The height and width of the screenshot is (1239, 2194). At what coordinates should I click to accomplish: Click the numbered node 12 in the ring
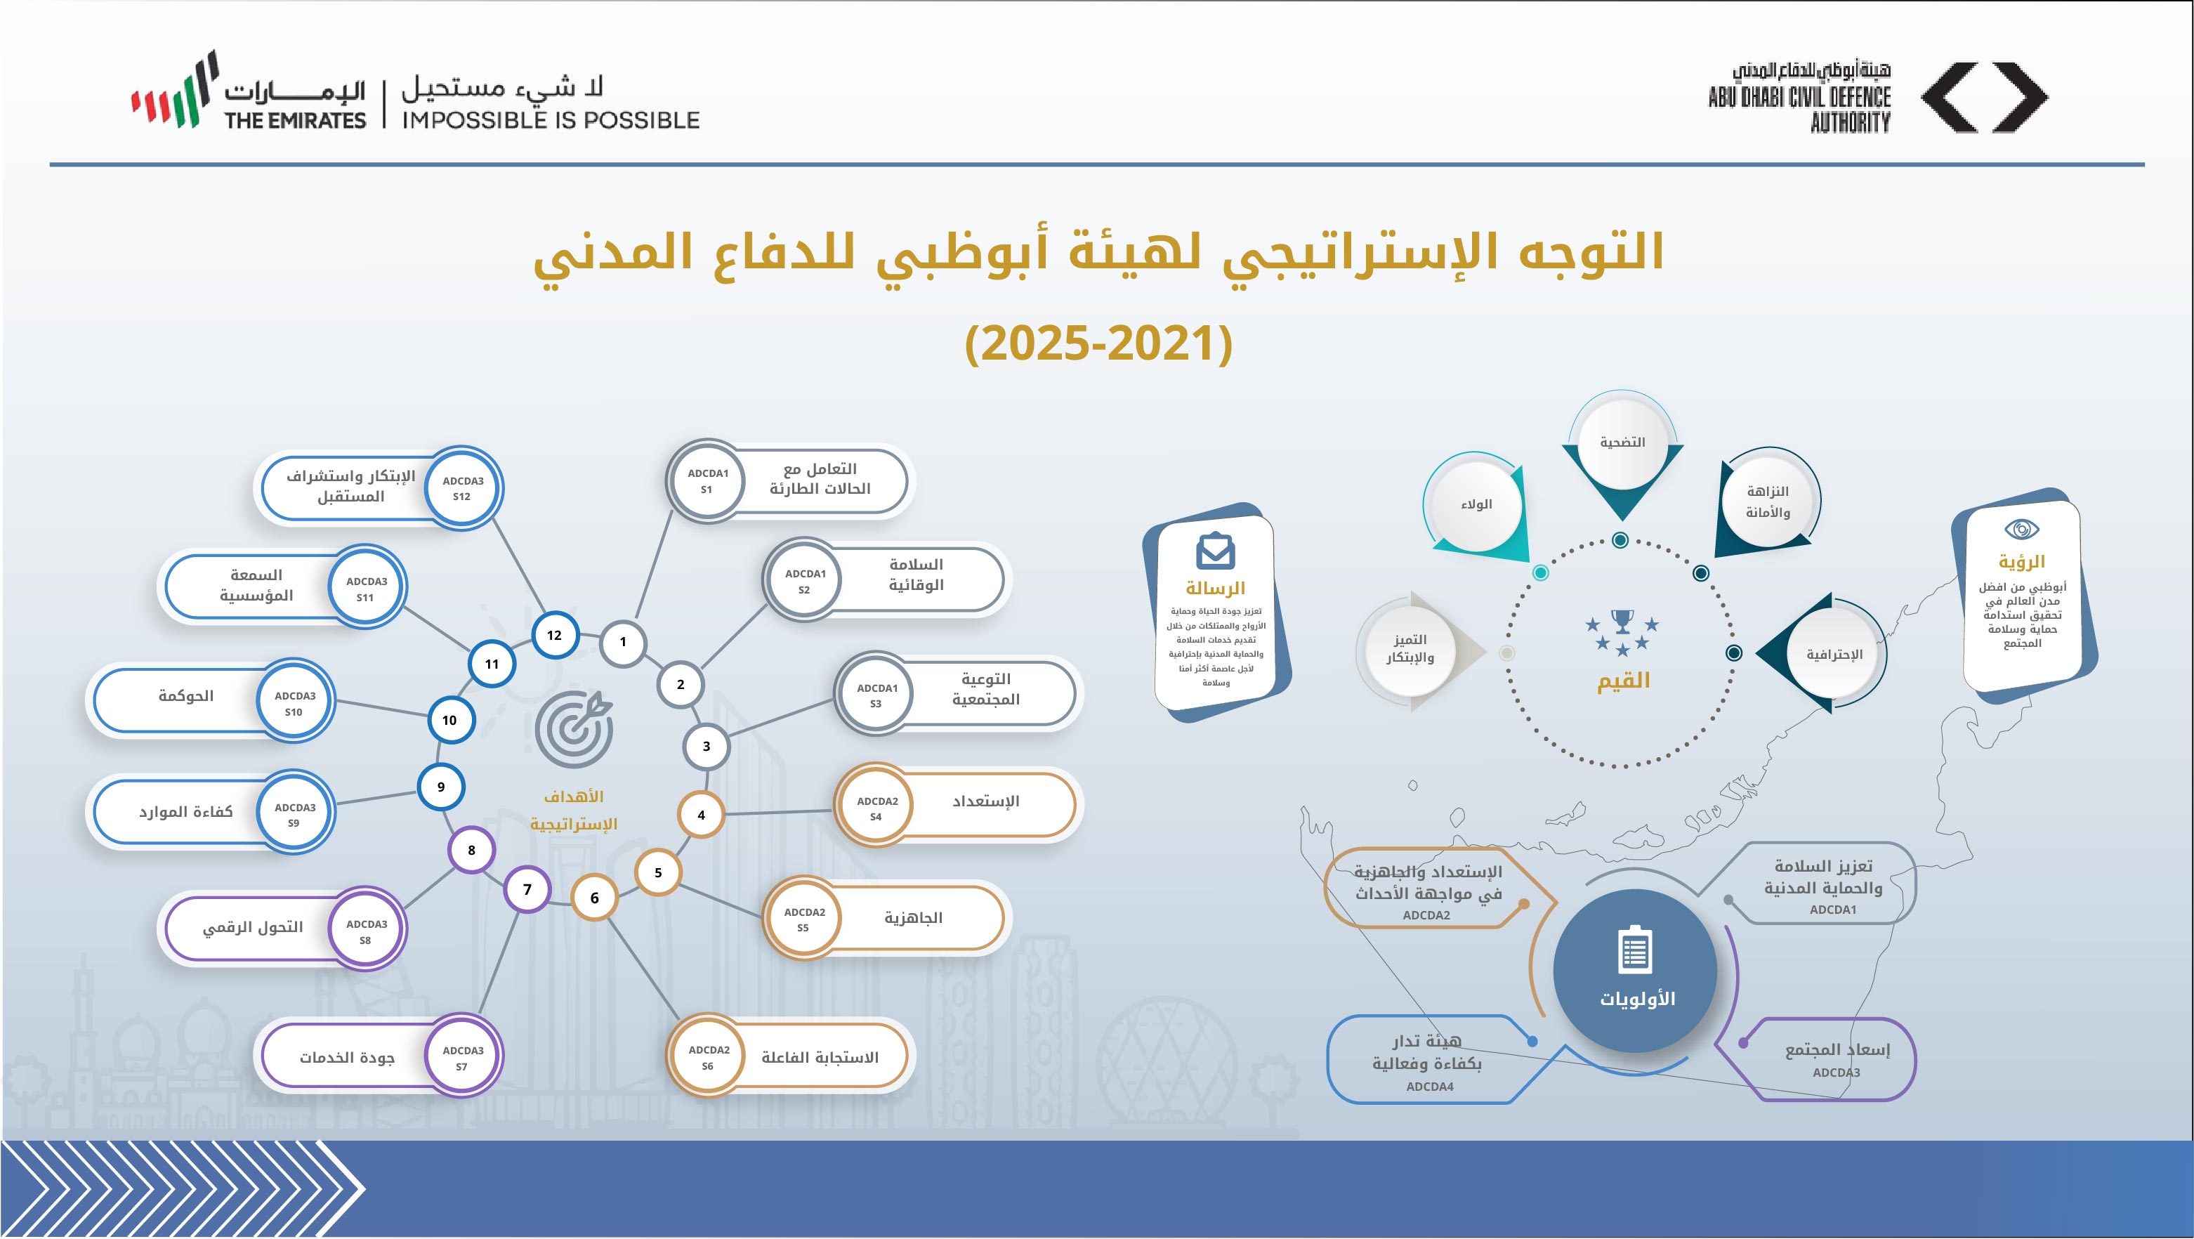tap(554, 635)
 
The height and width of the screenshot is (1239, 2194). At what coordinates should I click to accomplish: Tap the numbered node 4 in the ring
tap(701, 815)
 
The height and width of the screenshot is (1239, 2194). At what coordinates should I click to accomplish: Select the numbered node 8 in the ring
tap(472, 850)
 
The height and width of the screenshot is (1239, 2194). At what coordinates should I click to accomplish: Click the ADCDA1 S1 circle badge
tap(707, 481)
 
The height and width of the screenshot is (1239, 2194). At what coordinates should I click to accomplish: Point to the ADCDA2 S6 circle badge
tap(708, 1058)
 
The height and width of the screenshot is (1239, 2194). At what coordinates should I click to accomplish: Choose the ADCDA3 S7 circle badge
tap(463, 1058)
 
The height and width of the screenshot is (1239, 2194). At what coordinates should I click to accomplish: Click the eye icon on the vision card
tap(2021, 529)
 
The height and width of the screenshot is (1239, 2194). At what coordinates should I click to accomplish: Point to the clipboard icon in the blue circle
tap(1634, 950)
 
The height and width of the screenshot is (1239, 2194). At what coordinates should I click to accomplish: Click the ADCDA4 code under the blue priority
tap(1430, 1087)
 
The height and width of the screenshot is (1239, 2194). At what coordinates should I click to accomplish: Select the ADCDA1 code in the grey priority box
tap(1833, 910)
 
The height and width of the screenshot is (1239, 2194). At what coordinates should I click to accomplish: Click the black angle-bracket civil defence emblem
tap(1985, 97)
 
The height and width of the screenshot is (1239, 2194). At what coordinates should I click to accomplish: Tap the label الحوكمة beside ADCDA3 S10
tap(185, 697)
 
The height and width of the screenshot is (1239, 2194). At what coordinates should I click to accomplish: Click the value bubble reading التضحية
tap(1622, 442)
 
